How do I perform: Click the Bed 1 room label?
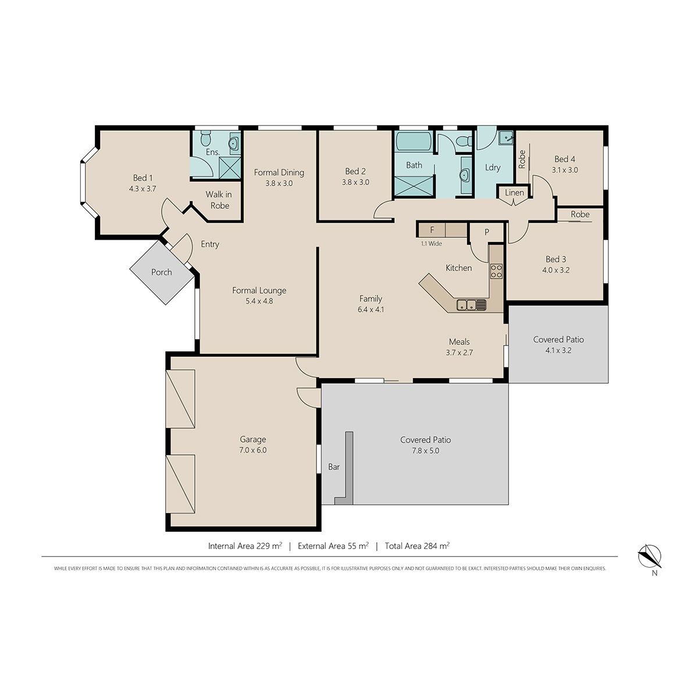(143, 178)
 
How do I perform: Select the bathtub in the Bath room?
(414, 141)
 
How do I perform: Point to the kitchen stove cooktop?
(496, 271)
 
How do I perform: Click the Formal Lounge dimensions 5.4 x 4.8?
(259, 301)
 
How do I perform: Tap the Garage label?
(253, 439)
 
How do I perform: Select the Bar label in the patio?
(334, 467)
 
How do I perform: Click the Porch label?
(161, 272)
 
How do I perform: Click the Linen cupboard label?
(514, 193)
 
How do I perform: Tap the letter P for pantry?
(487, 232)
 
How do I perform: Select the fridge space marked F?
(432, 230)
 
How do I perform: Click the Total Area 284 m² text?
(417, 546)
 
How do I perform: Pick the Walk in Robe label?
(219, 200)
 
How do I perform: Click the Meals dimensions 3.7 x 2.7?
(460, 352)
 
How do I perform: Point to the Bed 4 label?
(565, 159)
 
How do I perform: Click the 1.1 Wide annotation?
(431, 244)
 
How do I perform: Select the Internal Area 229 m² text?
(245, 546)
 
